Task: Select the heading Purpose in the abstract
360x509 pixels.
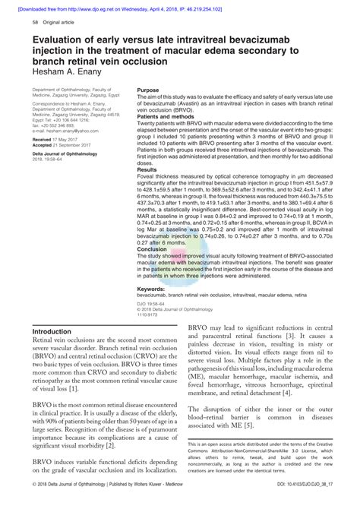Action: tap(149, 90)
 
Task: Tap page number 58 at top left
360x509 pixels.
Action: tap(36, 24)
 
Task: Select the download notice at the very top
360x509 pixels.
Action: tap(180, 5)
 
